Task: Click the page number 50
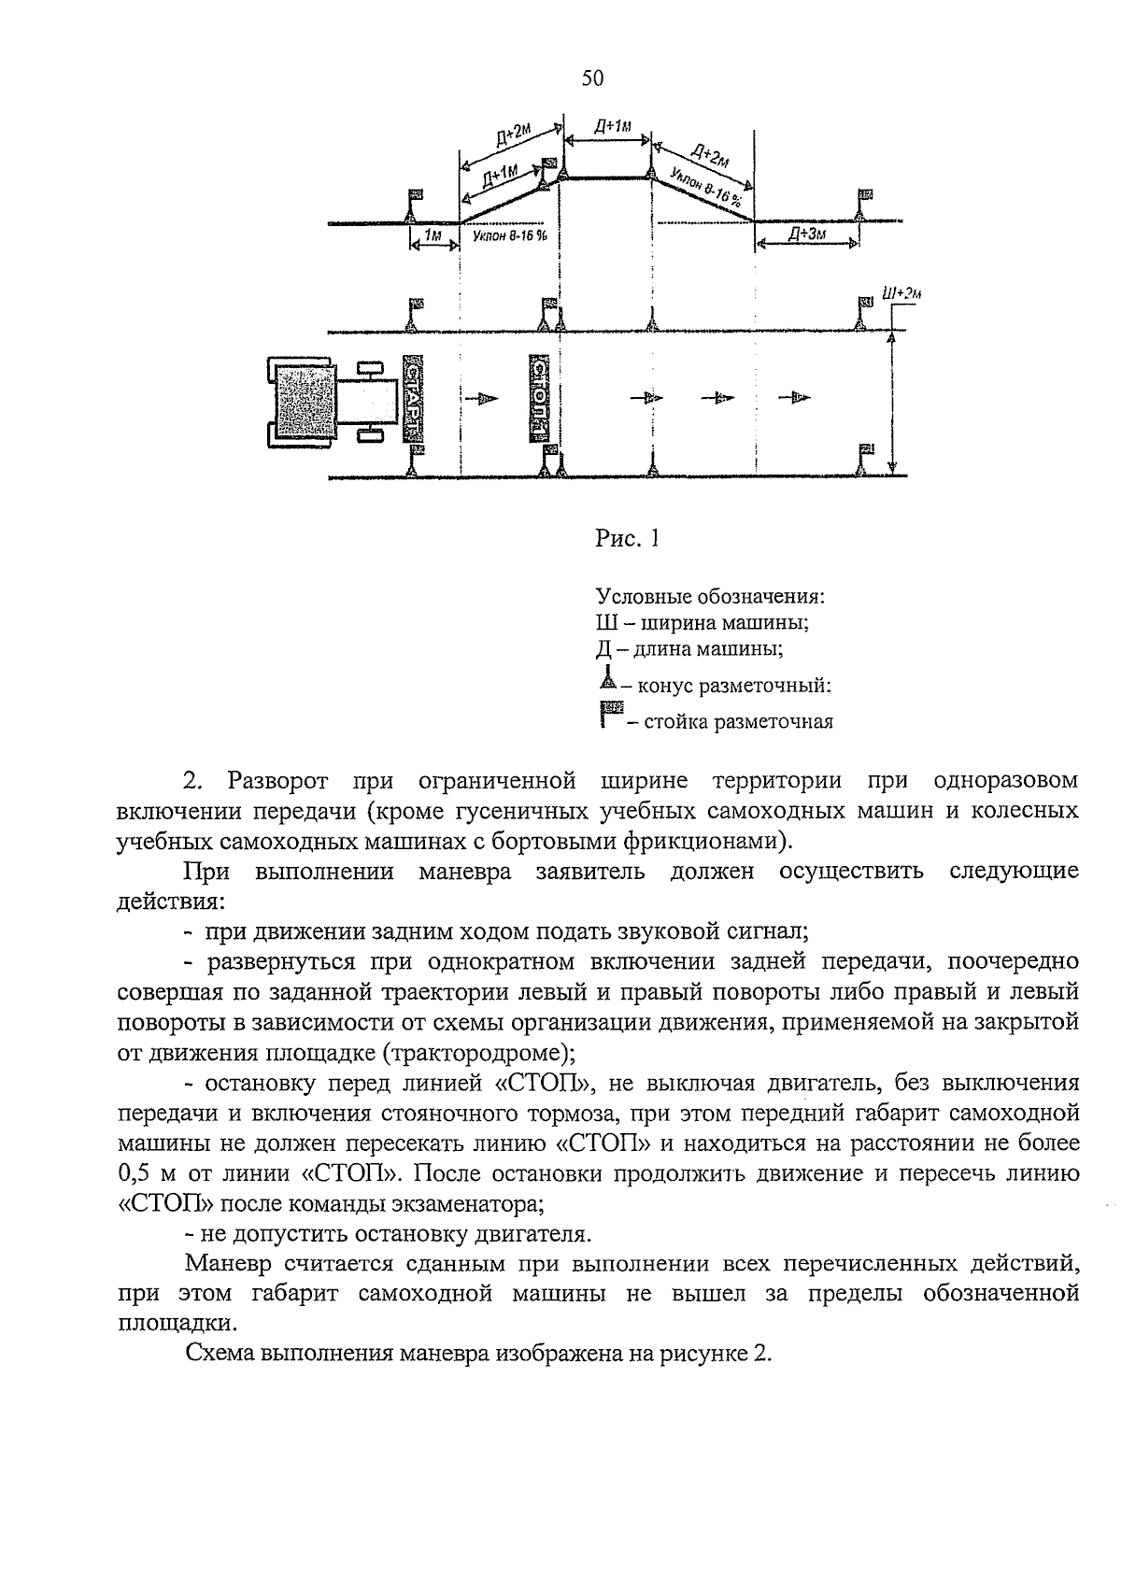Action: point(592,78)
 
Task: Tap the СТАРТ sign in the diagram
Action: point(414,398)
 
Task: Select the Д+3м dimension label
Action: point(806,234)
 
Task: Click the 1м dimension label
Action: point(433,236)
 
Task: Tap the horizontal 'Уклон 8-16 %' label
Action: point(509,236)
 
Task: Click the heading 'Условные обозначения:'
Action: point(710,596)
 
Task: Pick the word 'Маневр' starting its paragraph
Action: point(226,1264)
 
